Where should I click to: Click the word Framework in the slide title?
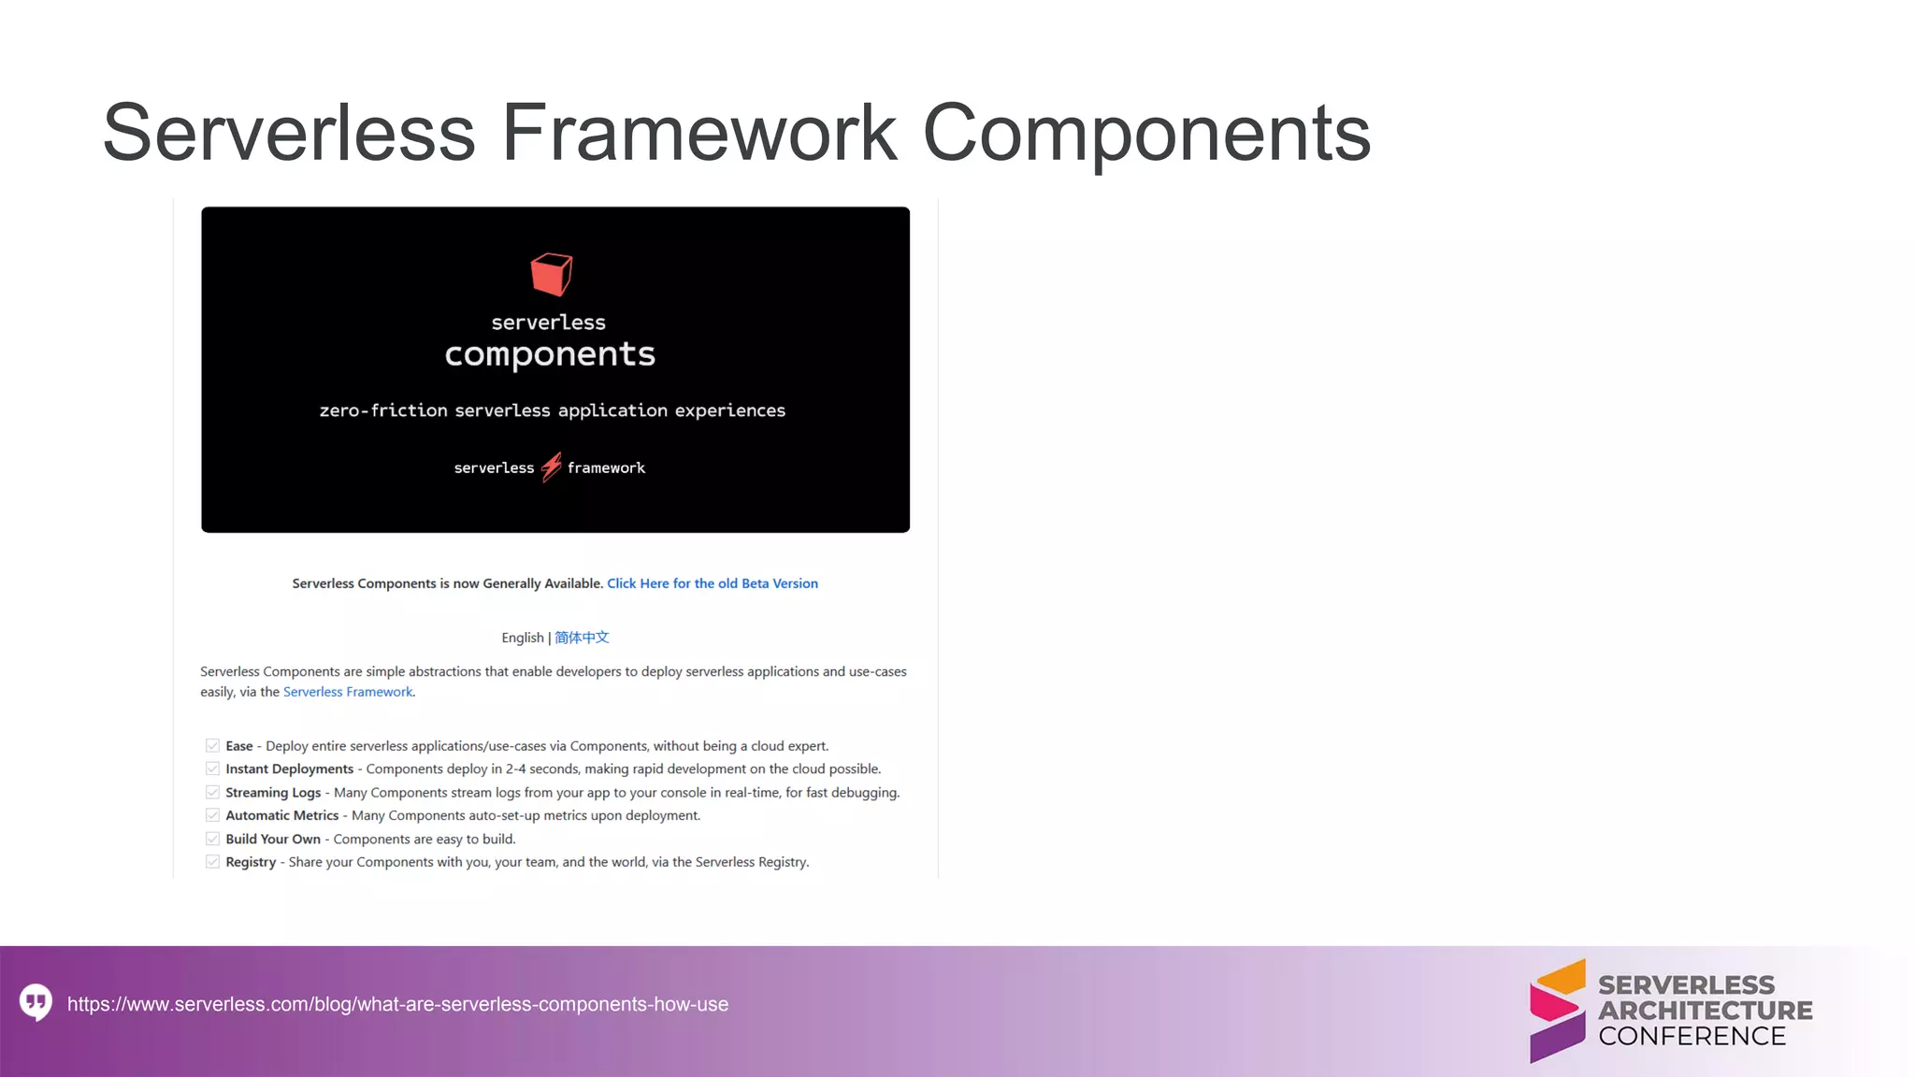point(698,133)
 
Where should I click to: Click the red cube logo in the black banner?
point(551,274)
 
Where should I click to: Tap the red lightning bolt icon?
point(552,467)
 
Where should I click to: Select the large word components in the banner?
point(550,354)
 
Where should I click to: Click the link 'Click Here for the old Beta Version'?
point(713,583)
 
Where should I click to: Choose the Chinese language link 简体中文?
point(582,638)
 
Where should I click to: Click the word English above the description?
point(522,638)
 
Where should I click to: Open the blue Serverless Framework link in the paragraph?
point(348,692)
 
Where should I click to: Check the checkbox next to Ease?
point(212,746)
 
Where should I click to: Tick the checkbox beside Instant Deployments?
point(212,768)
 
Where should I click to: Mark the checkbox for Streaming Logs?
point(212,792)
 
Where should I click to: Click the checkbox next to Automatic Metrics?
point(212,815)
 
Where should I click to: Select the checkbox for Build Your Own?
point(212,839)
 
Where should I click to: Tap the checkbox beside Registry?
point(212,862)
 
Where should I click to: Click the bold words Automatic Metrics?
point(281,815)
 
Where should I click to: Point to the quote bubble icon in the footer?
point(36,1002)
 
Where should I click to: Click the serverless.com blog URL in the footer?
point(397,1004)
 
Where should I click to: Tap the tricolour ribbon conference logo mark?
point(1557,1011)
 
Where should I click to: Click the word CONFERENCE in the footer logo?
point(1692,1036)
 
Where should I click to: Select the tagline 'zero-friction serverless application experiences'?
point(552,410)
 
